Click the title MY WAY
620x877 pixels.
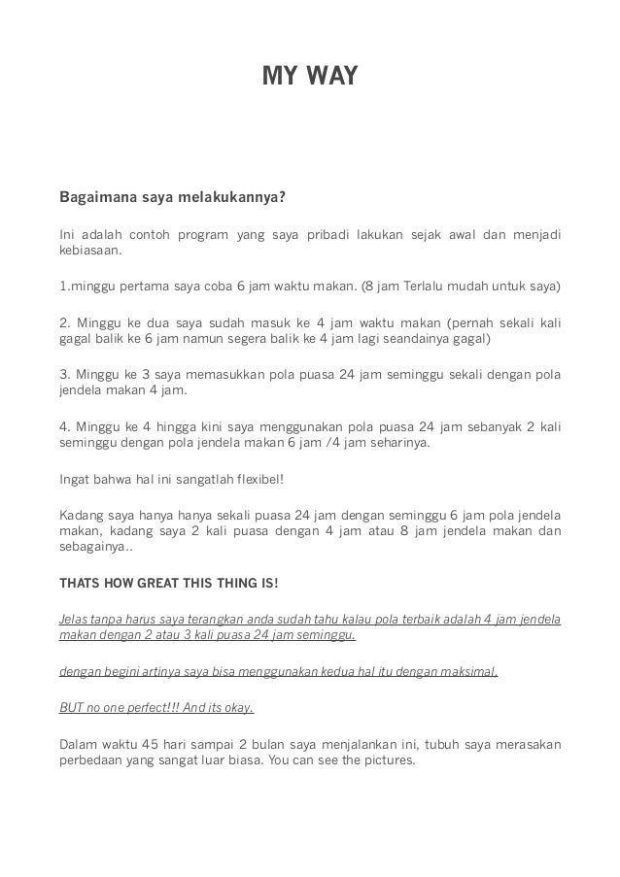(310, 75)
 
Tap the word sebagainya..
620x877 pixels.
(95, 547)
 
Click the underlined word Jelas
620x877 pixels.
(75, 619)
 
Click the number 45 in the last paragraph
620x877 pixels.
(146, 744)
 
